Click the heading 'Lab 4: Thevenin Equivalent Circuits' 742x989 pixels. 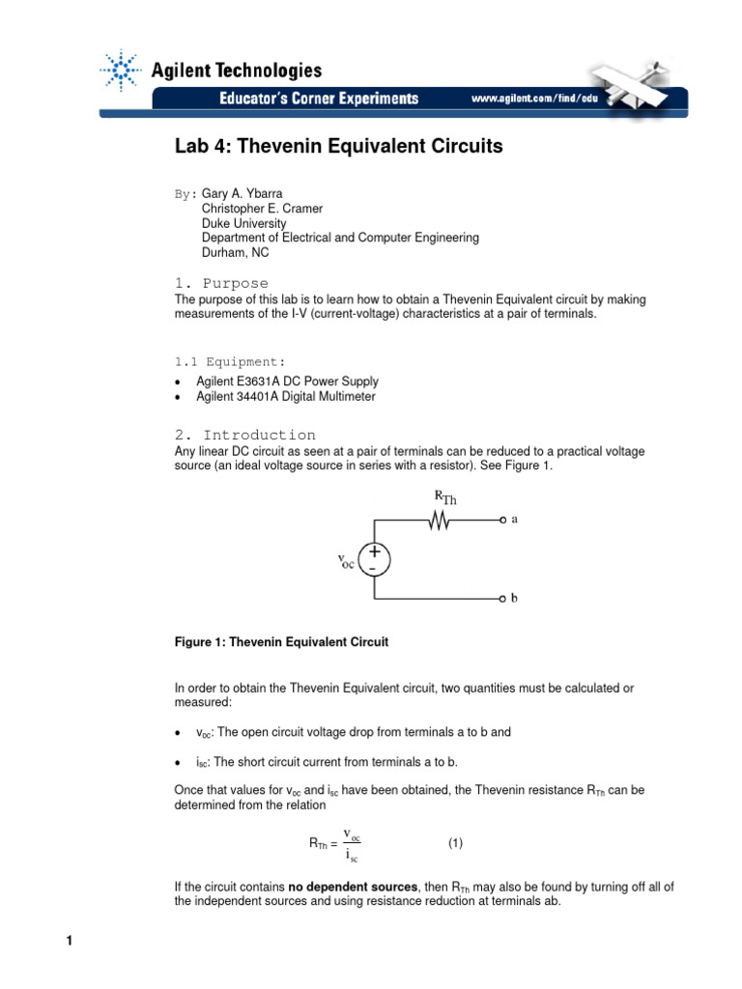[x=338, y=147]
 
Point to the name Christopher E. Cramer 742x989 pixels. [x=262, y=209]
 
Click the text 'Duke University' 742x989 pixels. [x=244, y=223]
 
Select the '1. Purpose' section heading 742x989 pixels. [x=221, y=283]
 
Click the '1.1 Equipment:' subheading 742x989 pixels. [x=230, y=361]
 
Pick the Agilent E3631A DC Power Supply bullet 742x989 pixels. [x=287, y=381]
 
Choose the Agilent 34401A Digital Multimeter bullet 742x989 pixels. [x=285, y=396]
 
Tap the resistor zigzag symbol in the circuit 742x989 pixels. [x=441, y=521]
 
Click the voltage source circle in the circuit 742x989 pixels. [x=373, y=560]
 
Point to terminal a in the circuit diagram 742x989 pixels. [x=503, y=520]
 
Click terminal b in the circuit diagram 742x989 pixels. [x=503, y=599]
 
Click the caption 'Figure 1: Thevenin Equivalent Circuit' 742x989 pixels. [x=281, y=641]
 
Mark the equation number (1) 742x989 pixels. [x=455, y=843]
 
